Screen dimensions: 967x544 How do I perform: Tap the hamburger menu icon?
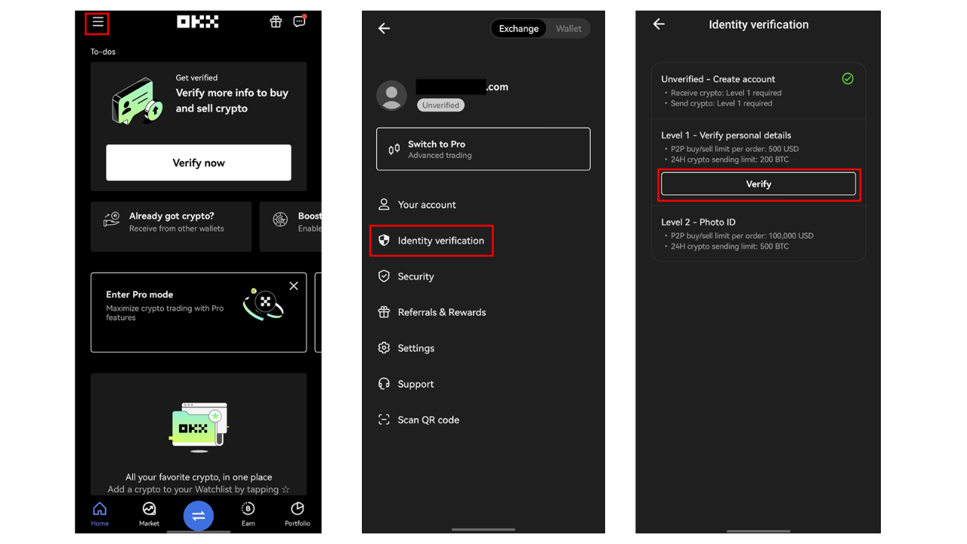coord(97,22)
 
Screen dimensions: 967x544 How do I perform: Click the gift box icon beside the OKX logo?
coord(276,22)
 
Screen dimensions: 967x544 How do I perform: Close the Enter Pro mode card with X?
coord(294,286)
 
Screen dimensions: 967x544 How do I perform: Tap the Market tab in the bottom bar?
coord(149,515)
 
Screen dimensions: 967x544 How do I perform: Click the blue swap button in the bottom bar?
coord(199,515)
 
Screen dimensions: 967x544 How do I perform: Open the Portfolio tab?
coord(298,515)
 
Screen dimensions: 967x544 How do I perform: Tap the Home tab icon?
coord(100,509)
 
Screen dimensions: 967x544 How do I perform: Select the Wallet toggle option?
coord(569,29)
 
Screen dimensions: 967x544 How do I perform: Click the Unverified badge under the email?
coord(440,105)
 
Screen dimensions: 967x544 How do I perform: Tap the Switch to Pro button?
coord(483,149)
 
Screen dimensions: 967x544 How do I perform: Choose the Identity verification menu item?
coord(431,240)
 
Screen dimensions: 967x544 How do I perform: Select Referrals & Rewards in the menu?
coord(431,312)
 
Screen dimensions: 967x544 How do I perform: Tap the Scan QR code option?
coord(419,419)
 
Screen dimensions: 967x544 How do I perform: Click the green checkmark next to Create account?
coord(848,79)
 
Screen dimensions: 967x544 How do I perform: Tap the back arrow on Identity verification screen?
coord(659,23)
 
